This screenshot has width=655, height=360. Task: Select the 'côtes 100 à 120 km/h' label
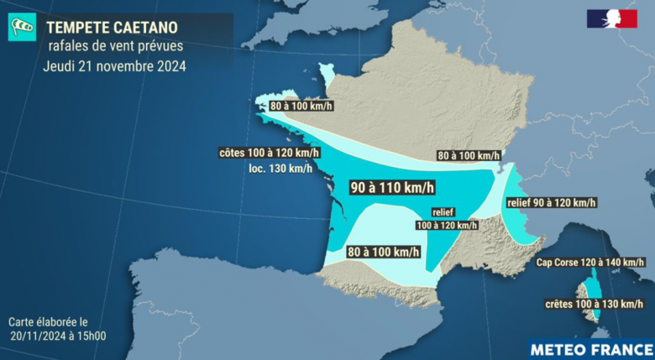click(x=263, y=154)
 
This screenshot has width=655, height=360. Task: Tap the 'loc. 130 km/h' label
click(x=280, y=169)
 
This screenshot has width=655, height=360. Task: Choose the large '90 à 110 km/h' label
click(x=391, y=187)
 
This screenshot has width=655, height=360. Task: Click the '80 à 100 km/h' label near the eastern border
click(x=469, y=155)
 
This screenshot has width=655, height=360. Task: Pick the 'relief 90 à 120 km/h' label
click(x=551, y=202)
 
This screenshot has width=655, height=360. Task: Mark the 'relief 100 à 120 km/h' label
click(x=447, y=219)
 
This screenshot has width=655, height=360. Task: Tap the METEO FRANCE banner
click(x=590, y=348)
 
